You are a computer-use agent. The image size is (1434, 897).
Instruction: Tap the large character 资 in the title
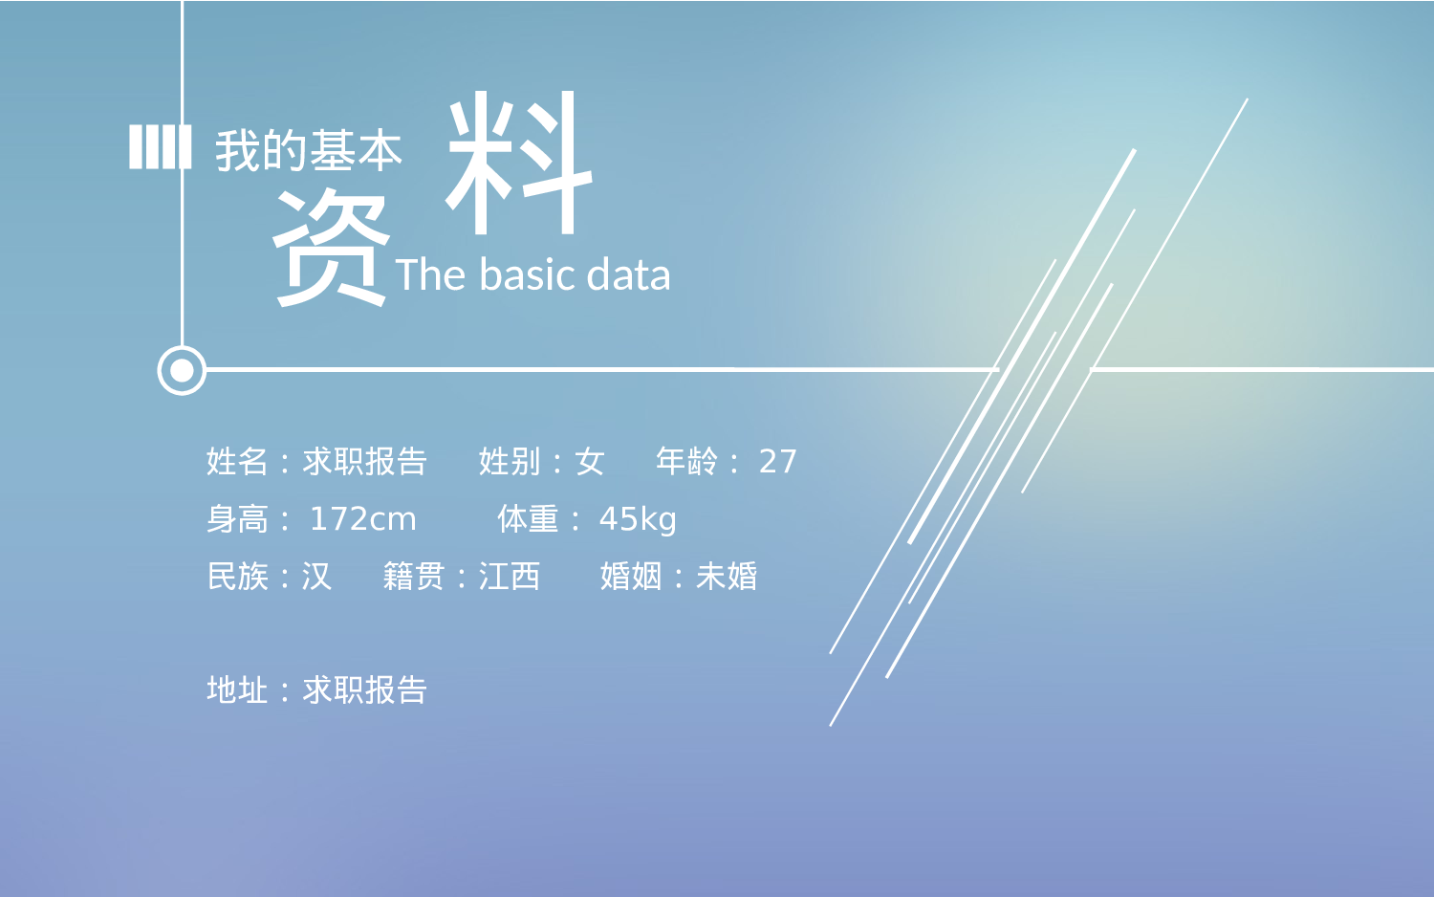point(331,247)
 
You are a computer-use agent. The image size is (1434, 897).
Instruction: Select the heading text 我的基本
point(308,151)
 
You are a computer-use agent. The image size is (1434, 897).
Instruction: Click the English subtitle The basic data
point(532,275)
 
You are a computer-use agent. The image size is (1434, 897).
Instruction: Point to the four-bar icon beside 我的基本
point(160,147)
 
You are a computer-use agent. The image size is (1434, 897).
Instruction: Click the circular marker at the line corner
point(182,370)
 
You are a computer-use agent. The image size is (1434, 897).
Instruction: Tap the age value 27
point(777,462)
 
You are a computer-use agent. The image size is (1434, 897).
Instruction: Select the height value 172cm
point(362,519)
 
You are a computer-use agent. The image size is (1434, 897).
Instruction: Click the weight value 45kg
point(638,519)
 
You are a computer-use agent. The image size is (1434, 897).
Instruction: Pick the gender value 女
point(590,462)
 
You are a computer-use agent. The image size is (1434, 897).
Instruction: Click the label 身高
point(237,519)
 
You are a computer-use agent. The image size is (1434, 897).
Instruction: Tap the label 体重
point(528,519)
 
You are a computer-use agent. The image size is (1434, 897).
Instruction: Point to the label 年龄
point(686,462)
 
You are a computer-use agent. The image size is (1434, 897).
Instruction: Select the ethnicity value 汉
point(316,577)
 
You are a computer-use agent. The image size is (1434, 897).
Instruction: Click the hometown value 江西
point(510,577)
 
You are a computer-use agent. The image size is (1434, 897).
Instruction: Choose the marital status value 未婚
point(727,577)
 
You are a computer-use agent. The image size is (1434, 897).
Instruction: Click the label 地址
point(237,690)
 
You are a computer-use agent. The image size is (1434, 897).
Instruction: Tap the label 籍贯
point(414,577)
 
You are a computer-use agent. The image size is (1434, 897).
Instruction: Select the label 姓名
point(237,462)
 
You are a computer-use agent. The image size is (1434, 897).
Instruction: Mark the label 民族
point(237,577)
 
